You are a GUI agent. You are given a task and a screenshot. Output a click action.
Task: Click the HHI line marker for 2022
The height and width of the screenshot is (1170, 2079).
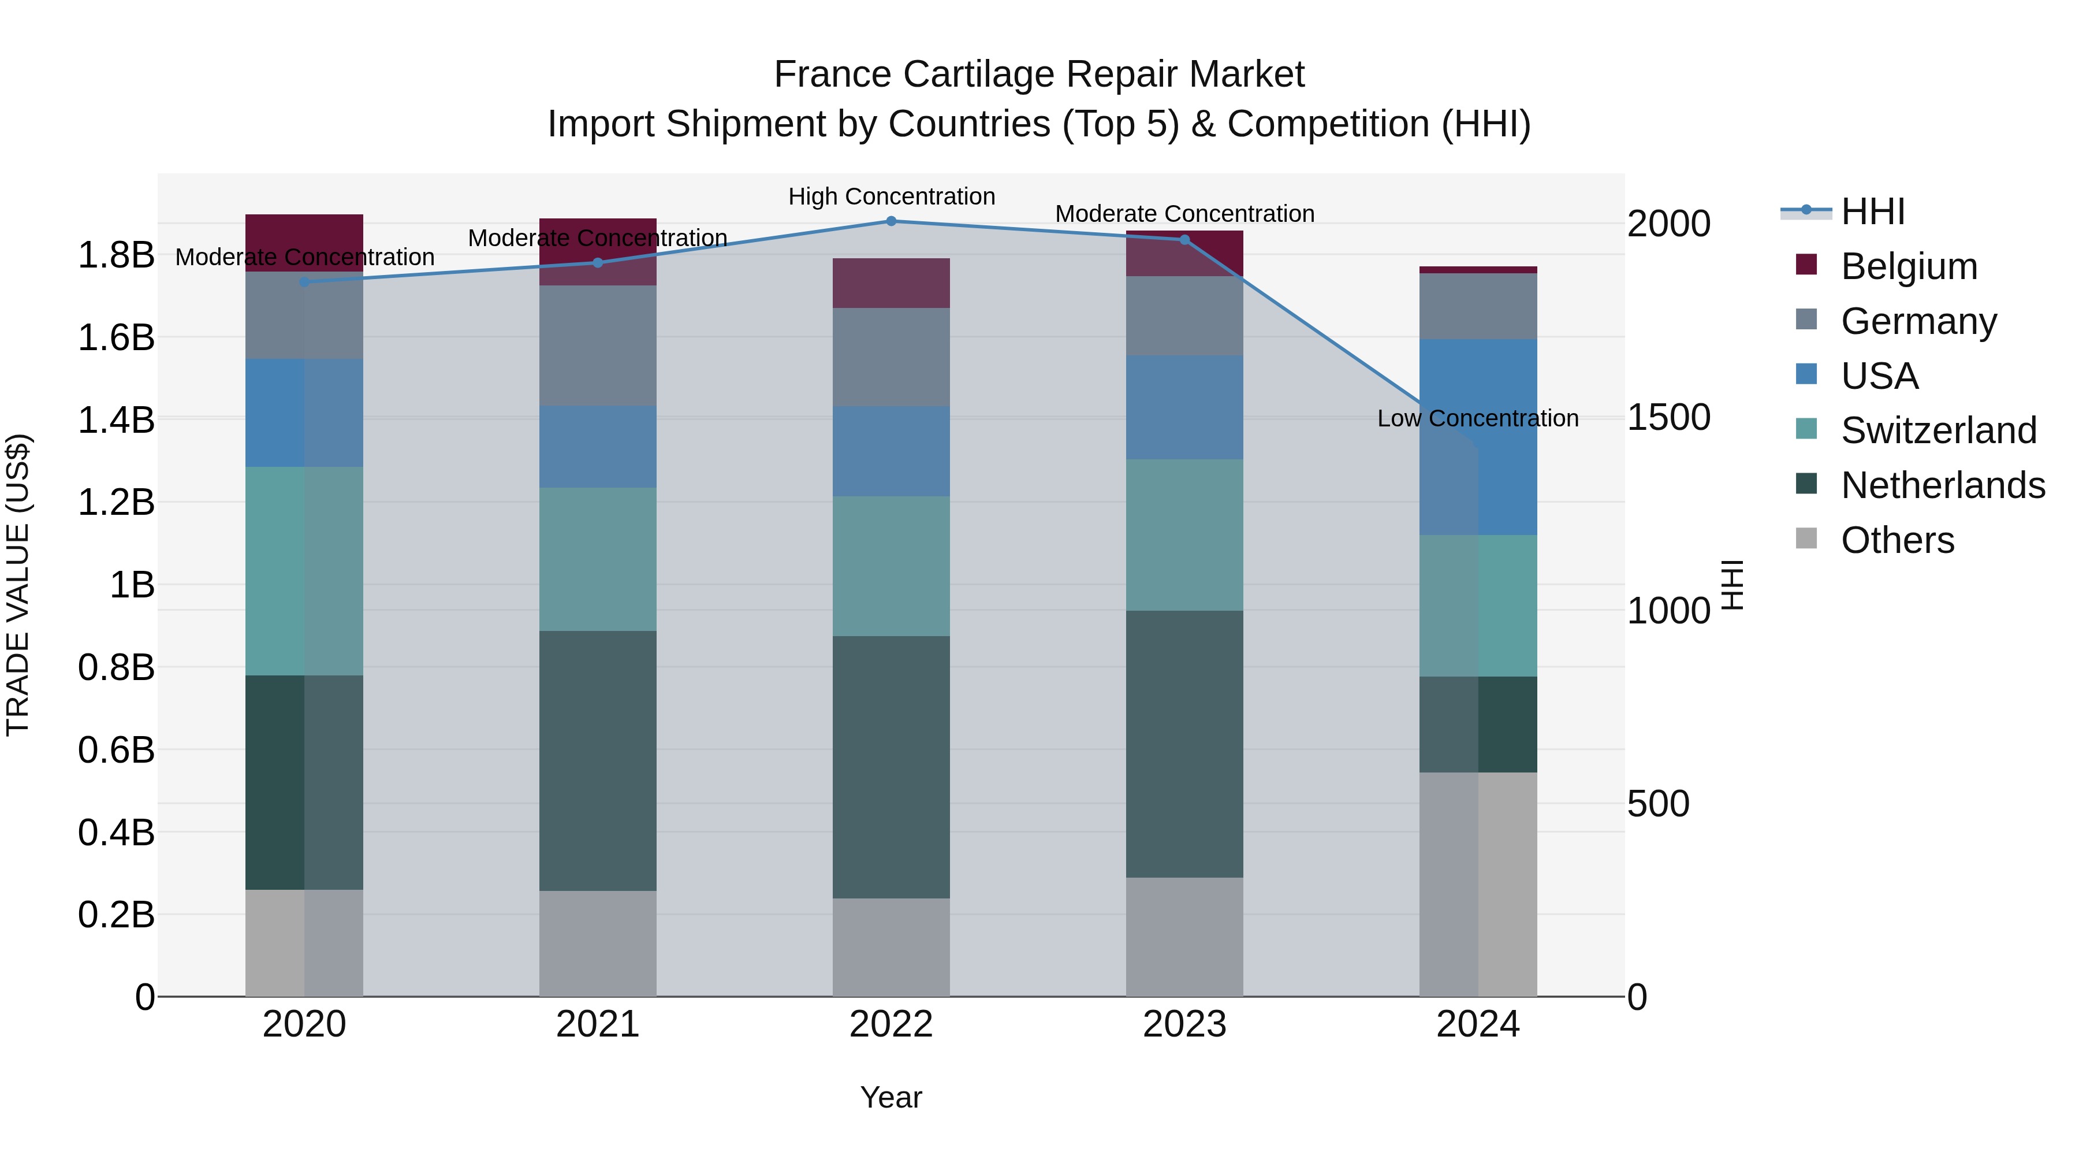click(891, 221)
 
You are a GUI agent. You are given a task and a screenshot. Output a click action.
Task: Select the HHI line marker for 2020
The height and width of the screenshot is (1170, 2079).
click(304, 282)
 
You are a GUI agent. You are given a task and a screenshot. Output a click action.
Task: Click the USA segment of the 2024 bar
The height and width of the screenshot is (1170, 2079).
click(1478, 437)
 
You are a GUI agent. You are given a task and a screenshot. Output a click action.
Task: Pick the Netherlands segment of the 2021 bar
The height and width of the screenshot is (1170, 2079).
click(597, 760)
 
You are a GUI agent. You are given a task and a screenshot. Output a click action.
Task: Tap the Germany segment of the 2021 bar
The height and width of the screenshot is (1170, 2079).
click(597, 346)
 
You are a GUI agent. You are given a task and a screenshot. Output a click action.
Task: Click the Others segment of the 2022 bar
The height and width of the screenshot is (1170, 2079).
click(891, 947)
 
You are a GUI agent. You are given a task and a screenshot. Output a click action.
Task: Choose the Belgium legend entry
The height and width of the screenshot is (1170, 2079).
click(1909, 266)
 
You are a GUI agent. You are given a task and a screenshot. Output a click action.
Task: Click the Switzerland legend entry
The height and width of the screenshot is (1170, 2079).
click(1938, 430)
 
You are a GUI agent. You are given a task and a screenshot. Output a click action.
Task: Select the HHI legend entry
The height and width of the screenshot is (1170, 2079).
click(1872, 211)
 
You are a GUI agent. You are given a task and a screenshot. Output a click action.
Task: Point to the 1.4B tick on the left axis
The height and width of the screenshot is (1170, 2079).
click(115, 420)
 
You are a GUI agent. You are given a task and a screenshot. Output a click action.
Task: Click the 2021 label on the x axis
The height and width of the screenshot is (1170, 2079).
click(597, 1024)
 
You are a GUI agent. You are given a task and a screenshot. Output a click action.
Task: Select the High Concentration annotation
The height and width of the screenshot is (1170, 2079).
click(891, 196)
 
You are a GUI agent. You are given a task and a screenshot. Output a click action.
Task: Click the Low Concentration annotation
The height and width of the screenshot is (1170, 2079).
click(1478, 418)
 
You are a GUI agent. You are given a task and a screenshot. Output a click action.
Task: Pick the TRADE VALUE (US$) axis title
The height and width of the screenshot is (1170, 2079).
click(18, 585)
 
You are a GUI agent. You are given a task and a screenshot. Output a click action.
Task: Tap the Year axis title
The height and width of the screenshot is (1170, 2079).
click(891, 1097)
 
